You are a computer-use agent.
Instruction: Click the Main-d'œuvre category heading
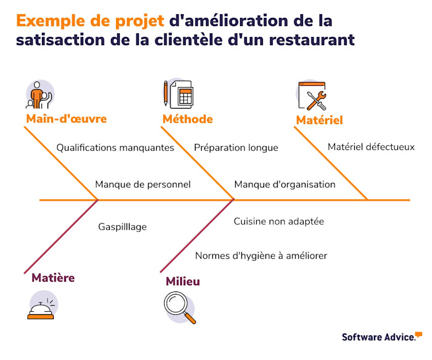66,119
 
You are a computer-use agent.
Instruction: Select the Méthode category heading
188,119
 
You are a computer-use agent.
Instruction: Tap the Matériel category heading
319,120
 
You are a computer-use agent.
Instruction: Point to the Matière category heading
53,278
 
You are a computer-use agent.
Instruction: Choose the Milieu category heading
183,282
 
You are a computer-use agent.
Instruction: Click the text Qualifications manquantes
115,148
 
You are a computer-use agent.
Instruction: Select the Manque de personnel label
143,184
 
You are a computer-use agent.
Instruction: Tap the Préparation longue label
236,148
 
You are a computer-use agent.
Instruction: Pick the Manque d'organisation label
285,184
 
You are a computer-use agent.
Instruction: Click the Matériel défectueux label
371,147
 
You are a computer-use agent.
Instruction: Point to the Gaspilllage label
122,227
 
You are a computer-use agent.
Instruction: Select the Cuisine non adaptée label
278,220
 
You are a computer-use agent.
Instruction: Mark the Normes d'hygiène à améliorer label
261,255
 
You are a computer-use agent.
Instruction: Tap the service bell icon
41,308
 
